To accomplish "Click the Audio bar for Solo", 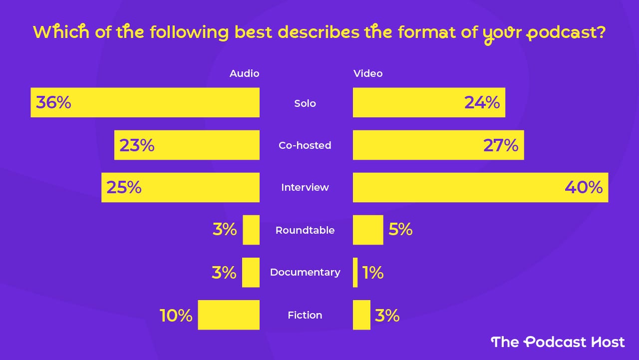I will [x=145, y=102].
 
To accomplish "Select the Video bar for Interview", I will [x=480, y=187].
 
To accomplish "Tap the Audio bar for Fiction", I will [x=229, y=315].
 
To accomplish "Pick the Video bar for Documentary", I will [x=355, y=273].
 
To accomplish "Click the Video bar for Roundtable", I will [x=368, y=230].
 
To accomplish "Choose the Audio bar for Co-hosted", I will [x=187, y=145].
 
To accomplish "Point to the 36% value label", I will [x=53, y=103].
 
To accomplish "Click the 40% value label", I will [x=584, y=188].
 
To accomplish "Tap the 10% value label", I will [x=176, y=316].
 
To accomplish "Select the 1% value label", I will [x=373, y=273].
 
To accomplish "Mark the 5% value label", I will [x=401, y=230].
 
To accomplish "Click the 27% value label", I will [x=501, y=145].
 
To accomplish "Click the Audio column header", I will [x=244, y=73].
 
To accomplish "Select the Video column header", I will [x=368, y=73].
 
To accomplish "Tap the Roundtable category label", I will [x=305, y=230].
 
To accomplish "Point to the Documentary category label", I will [x=305, y=272].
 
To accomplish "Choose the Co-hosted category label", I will [x=305, y=145].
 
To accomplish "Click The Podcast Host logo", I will [x=558, y=342].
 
